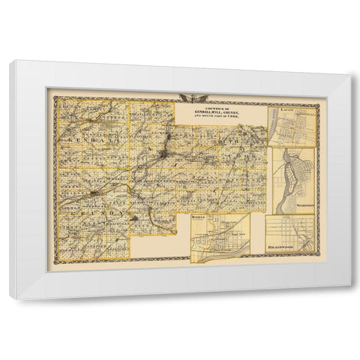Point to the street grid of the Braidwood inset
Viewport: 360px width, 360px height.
[x=289, y=229]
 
